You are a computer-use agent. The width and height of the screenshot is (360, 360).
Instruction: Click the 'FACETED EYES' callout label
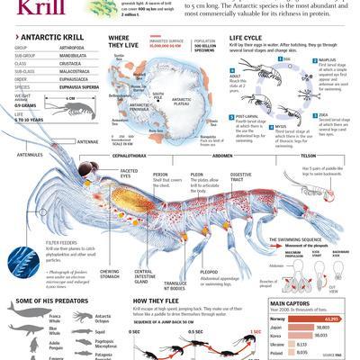click(129, 173)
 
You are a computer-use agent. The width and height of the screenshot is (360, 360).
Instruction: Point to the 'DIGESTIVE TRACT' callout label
click(240, 177)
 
